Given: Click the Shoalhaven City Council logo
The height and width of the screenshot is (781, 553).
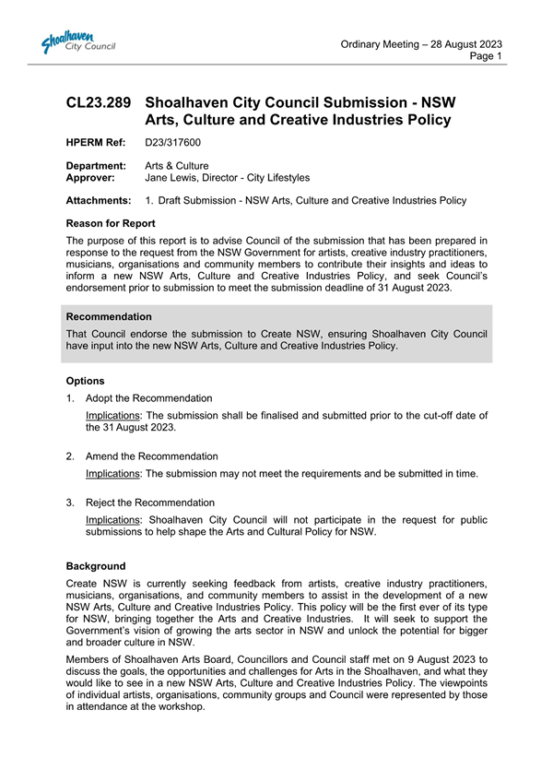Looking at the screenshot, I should pyautogui.click(x=77, y=42).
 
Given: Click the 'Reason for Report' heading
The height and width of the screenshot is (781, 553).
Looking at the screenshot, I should pyautogui.click(x=111, y=223).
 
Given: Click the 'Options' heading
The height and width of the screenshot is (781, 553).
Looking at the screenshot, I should pyautogui.click(x=86, y=381).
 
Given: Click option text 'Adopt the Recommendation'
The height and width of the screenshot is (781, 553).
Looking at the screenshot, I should pyautogui.click(x=148, y=398).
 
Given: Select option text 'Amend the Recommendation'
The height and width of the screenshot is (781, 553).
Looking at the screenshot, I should pyautogui.click(x=151, y=456).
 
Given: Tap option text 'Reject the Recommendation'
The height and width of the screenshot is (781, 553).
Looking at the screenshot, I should pyautogui.click(x=149, y=503).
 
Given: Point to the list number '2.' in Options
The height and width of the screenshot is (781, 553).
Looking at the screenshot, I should pyautogui.click(x=71, y=456).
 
